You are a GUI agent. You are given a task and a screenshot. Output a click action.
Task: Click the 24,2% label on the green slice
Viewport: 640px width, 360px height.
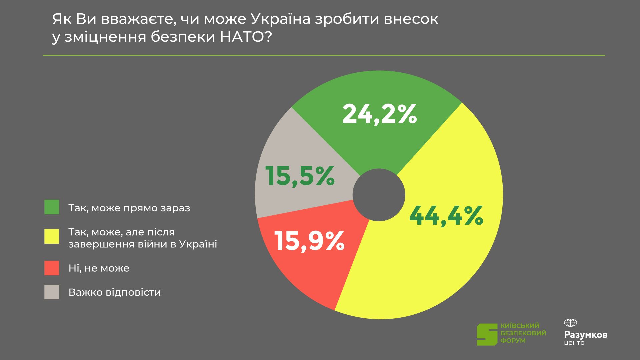(x=380, y=114)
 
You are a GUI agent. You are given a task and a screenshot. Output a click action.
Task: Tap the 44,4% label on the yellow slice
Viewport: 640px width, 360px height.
(x=446, y=216)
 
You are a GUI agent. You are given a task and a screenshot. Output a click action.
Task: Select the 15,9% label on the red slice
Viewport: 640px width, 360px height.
(x=309, y=241)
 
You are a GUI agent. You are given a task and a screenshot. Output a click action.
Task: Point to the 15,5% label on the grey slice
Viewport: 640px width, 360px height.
(x=300, y=176)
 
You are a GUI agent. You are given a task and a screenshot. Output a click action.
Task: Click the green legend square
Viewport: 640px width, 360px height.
(x=52, y=207)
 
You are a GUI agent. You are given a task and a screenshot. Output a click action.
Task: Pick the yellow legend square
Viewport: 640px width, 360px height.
(x=52, y=236)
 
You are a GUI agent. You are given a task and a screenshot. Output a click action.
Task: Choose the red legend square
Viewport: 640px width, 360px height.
(x=52, y=268)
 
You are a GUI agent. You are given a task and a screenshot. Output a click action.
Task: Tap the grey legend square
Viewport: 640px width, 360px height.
(x=52, y=292)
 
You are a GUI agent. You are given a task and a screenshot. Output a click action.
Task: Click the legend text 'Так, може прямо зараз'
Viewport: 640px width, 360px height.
(x=129, y=208)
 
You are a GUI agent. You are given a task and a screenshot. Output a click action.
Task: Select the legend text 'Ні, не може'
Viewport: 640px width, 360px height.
(x=99, y=268)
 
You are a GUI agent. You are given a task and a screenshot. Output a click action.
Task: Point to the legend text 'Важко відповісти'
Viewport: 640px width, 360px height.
(x=115, y=292)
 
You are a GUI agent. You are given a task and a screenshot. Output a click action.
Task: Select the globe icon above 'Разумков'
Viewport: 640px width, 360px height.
(x=570, y=323)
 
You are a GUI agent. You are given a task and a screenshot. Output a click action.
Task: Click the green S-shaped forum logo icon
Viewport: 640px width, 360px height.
(x=487, y=334)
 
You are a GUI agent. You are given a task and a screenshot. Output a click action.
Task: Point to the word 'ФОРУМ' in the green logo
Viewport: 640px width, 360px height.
(x=513, y=341)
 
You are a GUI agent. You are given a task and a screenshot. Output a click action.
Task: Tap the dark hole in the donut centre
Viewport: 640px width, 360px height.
(x=379, y=195)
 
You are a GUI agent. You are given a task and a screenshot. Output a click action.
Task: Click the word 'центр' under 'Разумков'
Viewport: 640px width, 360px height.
(x=574, y=343)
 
